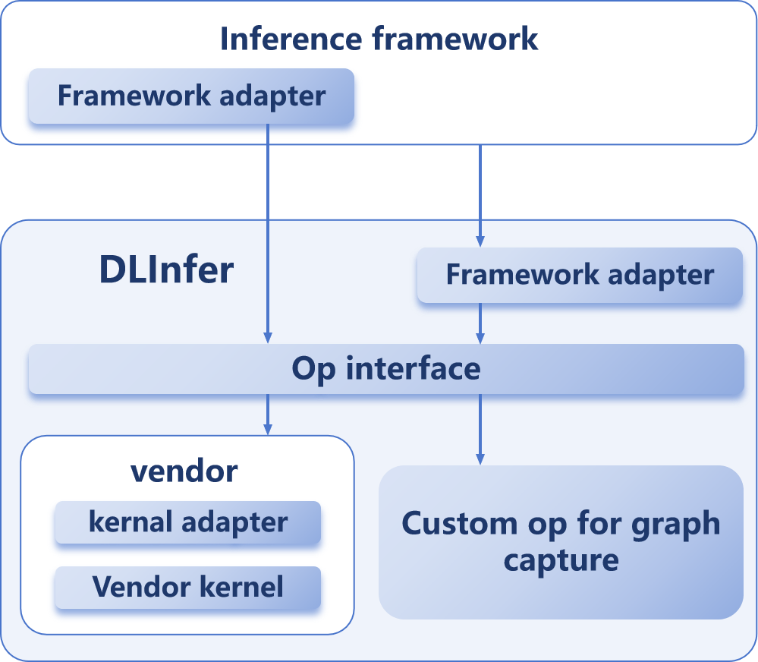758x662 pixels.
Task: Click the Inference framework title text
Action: click(x=379, y=39)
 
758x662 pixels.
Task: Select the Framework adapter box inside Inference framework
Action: click(x=191, y=96)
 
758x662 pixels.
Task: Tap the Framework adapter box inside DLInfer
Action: click(x=580, y=275)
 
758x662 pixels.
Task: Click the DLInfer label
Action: click(x=166, y=271)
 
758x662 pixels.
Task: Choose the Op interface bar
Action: click(x=386, y=369)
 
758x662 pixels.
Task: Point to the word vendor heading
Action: click(x=184, y=471)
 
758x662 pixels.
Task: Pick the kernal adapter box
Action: click(x=188, y=522)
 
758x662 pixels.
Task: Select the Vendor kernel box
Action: click(x=188, y=586)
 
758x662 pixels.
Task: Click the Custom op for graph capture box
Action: click(x=561, y=542)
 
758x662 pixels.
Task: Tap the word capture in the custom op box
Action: click(x=561, y=561)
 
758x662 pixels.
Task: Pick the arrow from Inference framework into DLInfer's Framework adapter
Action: click(x=480, y=195)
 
